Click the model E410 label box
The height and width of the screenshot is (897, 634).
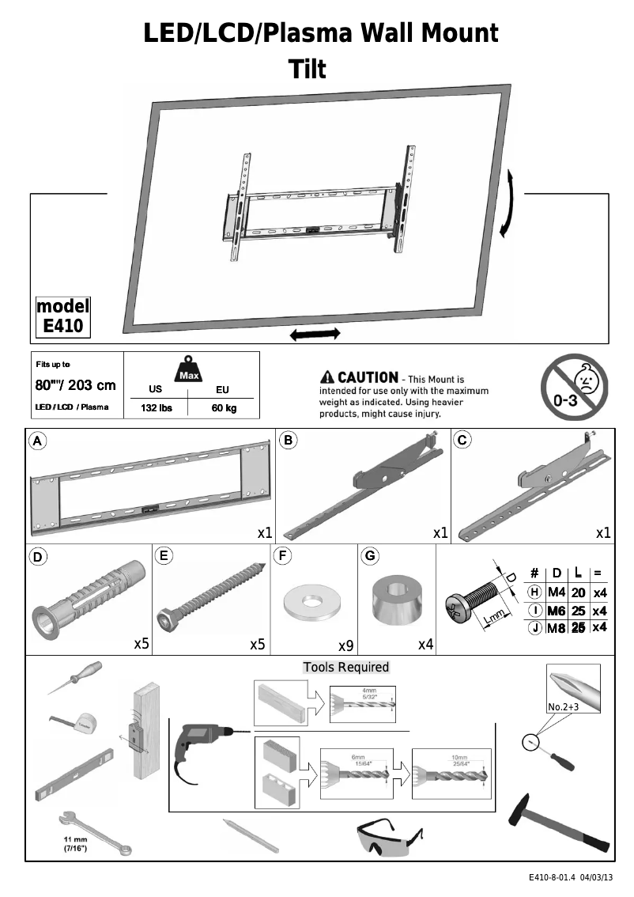[63, 317]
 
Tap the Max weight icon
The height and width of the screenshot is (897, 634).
[188, 369]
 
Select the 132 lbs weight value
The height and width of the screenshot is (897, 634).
[156, 408]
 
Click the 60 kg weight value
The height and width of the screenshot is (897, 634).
[224, 408]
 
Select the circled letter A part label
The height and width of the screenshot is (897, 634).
[36, 440]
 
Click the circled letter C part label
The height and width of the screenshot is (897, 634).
[463, 440]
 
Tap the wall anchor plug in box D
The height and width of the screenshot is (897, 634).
[87, 597]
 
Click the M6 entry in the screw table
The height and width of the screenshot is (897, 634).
[556, 611]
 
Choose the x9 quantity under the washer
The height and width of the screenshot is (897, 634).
[345, 645]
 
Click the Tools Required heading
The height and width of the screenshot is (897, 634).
[346, 667]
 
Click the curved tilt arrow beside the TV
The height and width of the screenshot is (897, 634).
[510, 202]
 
